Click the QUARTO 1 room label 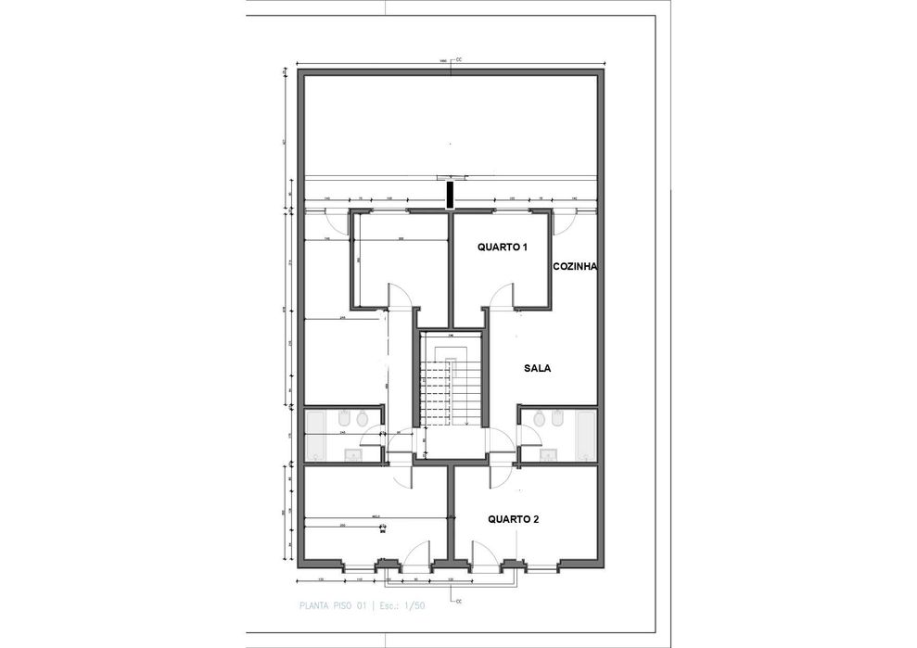tap(502, 248)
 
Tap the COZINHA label tap(575, 266)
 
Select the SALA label tap(538, 368)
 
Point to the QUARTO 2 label tap(513, 519)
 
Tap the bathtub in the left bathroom tap(315, 436)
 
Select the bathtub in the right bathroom tap(585, 436)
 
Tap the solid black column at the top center tap(451, 196)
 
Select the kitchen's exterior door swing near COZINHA tap(562, 222)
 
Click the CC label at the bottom tap(458, 600)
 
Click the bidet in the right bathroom tap(557, 419)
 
